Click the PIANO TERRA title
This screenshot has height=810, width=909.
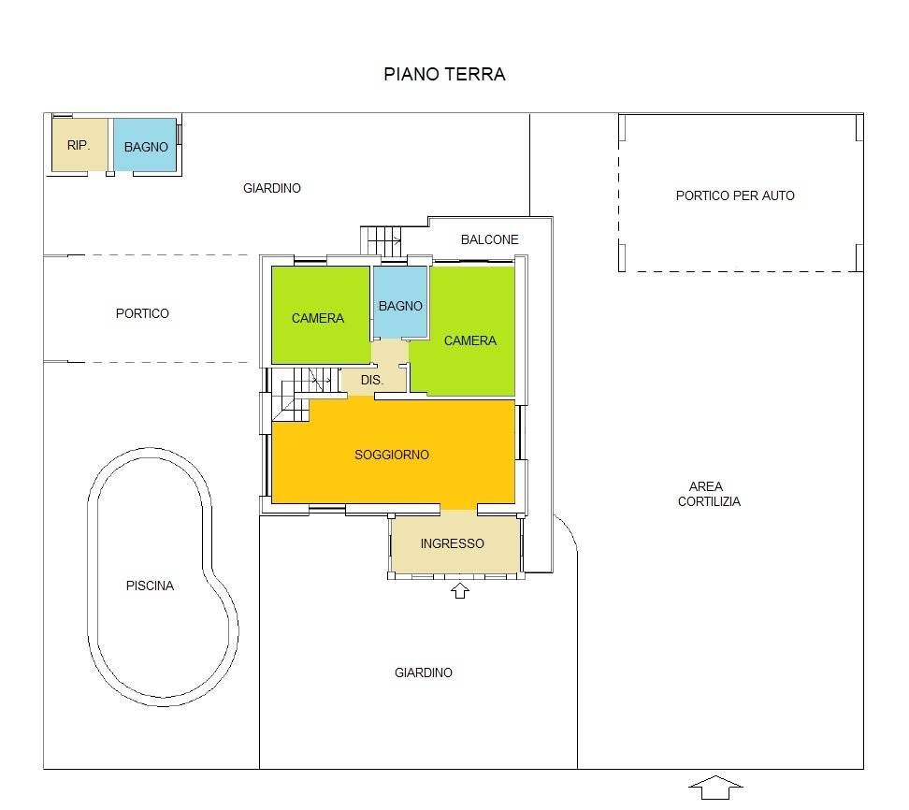(x=444, y=74)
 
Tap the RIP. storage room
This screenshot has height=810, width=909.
(x=79, y=145)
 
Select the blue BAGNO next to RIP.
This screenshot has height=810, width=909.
(x=145, y=145)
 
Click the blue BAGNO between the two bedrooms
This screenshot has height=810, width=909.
(x=400, y=302)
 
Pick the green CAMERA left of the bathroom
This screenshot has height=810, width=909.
(x=320, y=315)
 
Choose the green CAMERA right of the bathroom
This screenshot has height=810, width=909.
(x=469, y=331)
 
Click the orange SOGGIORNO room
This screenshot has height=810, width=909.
(x=393, y=454)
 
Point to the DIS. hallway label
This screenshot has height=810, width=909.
(x=372, y=381)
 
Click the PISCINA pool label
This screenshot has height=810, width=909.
(x=151, y=586)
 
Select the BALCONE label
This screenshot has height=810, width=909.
(x=489, y=239)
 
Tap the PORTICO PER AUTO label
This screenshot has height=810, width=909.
(x=735, y=196)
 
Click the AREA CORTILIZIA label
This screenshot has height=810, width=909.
(x=709, y=494)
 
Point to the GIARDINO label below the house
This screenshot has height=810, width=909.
(x=424, y=673)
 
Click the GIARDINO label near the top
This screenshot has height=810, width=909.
(x=272, y=188)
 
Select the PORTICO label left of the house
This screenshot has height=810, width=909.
(x=142, y=313)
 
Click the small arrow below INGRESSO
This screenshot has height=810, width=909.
(x=460, y=591)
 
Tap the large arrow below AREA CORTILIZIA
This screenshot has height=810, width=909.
(x=715, y=788)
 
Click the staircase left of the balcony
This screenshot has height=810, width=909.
(x=381, y=240)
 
